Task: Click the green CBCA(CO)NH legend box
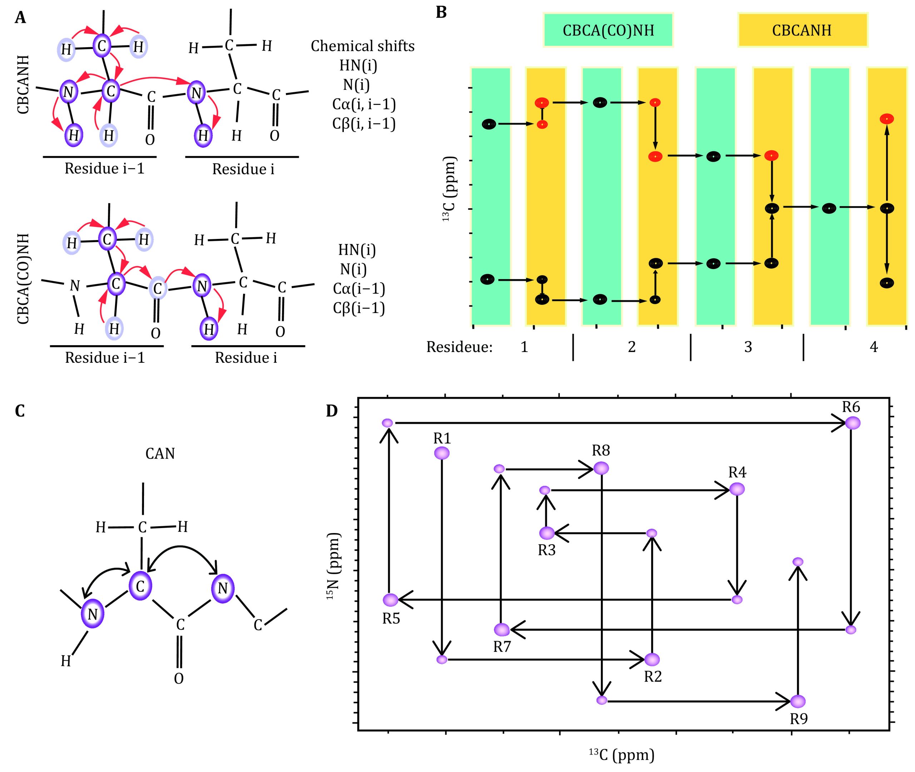608,30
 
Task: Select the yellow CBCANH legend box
802,30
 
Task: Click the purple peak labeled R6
852,423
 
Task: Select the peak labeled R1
441,453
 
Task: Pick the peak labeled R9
798,701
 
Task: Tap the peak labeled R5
390,600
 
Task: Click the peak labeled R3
546,533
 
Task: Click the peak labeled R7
501,630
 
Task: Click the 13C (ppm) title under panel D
621,754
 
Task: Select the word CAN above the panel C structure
160,453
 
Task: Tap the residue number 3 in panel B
748,347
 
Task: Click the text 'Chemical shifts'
362,46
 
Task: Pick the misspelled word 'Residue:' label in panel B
459,347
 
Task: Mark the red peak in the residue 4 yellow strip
886,119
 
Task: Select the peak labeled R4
737,489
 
